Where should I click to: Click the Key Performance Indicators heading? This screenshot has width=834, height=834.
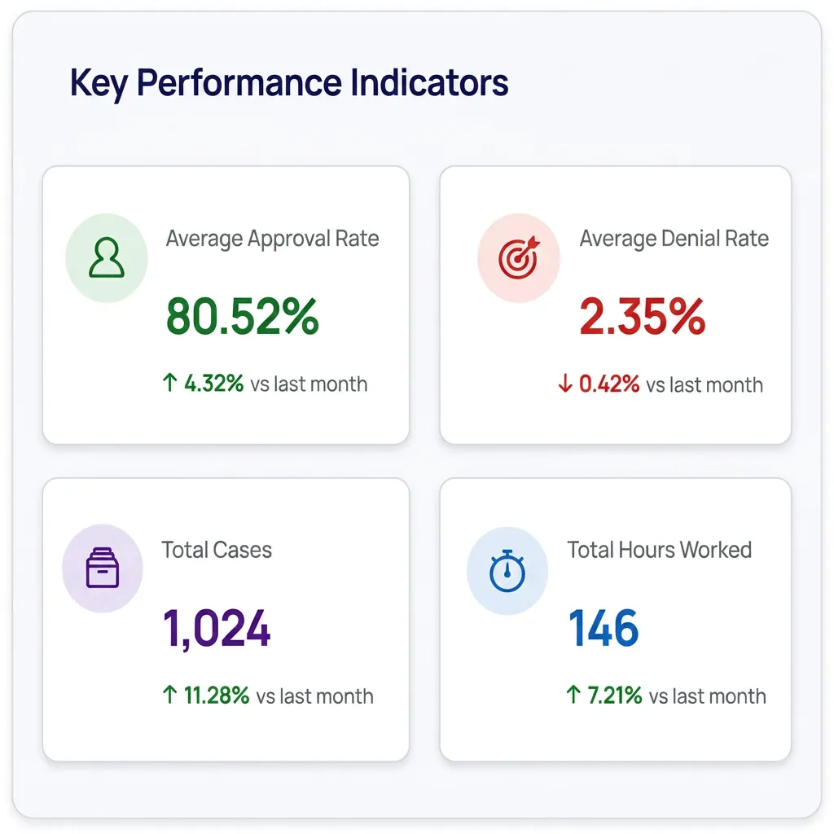tap(289, 84)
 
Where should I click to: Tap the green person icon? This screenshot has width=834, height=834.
tap(107, 257)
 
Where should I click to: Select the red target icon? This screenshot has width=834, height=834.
tap(519, 257)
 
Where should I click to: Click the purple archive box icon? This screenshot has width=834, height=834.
tap(103, 568)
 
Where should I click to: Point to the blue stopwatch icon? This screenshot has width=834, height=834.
tap(507, 571)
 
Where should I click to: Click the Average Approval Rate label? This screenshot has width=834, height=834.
tap(272, 239)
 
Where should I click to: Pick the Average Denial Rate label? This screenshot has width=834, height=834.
tap(674, 239)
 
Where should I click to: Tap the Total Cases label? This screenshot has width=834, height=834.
tap(217, 550)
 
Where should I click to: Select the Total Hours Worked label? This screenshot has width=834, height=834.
tap(660, 550)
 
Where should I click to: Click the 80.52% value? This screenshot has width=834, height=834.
tap(243, 317)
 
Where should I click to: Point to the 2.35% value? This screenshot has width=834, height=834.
tap(643, 317)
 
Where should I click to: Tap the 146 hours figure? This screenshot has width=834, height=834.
tap(604, 628)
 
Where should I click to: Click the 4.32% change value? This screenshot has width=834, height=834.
tap(214, 384)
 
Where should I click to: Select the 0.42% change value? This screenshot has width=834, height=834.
tap(609, 384)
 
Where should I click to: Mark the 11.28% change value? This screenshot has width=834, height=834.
tap(217, 696)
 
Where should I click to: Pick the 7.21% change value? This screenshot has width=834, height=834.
tap(615, 696)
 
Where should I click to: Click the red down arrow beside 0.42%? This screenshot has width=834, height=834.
tap(565, 384)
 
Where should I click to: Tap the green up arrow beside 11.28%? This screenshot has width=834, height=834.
tap(169, 695)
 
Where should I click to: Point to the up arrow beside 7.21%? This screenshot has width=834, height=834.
tap(573, 695)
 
